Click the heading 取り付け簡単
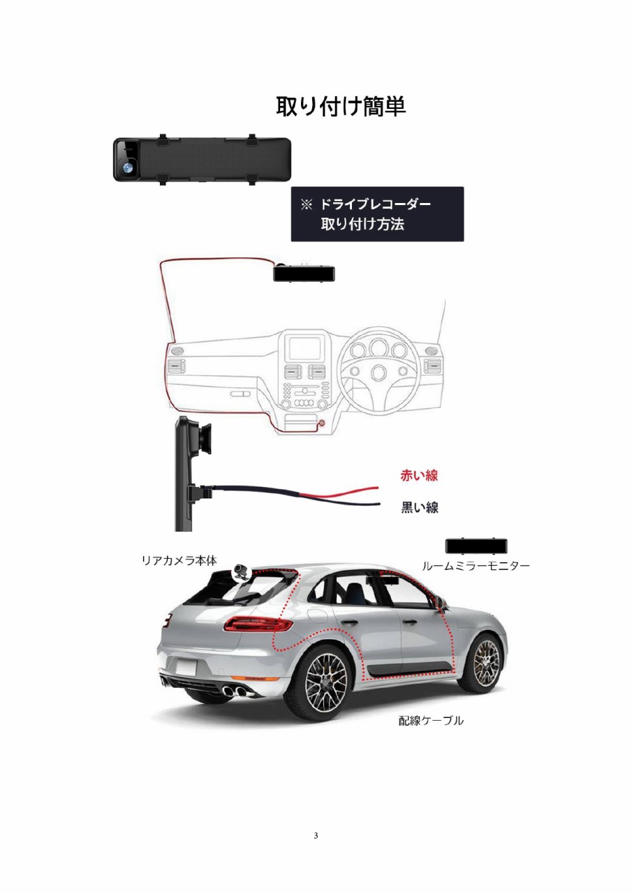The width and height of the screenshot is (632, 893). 341,107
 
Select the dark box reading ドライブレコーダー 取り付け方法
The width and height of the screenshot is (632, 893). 377,214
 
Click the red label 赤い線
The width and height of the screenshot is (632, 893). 419,475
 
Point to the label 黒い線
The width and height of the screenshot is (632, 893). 419,507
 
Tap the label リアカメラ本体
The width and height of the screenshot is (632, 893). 179,560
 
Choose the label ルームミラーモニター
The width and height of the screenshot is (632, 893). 476,565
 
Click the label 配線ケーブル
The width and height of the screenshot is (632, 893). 431,720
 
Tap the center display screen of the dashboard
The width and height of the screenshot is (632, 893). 305,348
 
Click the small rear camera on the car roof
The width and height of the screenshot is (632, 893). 240,571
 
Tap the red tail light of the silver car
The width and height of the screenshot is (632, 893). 258,623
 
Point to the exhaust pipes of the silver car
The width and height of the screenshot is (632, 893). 235,689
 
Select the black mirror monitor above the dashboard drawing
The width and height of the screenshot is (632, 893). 304,273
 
